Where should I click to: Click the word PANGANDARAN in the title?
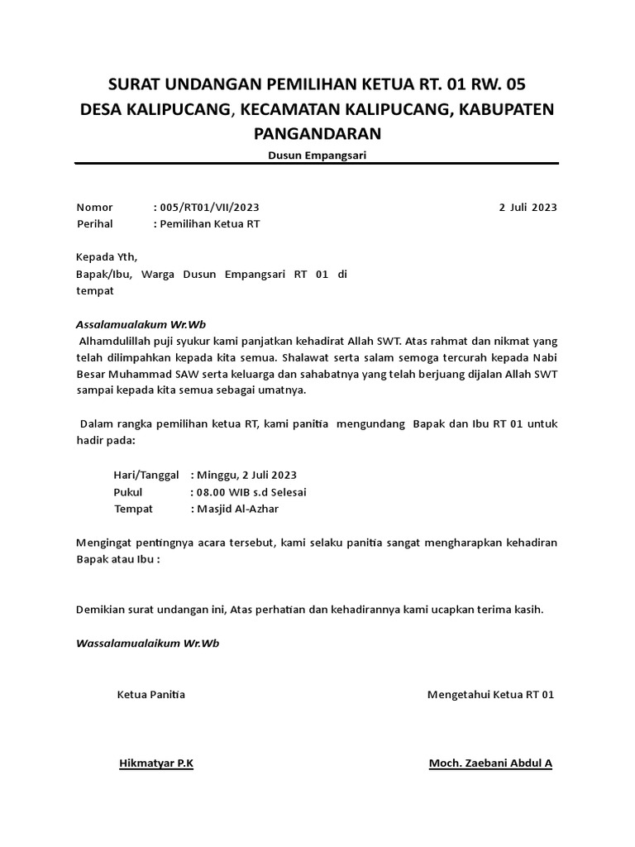tap(317, 133)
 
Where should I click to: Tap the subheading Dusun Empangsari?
tap(317, 155)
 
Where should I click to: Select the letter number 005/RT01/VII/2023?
tap(212, 208)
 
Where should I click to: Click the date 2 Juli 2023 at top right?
tap(528, 208)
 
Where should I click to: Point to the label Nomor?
tap(94, 208)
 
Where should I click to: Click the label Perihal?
tap(94, 224)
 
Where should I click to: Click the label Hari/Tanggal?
tap(146, 475)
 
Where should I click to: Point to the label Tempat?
tap(133, 509)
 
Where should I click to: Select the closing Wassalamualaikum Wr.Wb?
tap(147, 643)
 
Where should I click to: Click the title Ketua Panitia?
tap(151, 695)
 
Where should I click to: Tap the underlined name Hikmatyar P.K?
tap(156, 763)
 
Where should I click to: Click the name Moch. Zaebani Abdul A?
tap(490, 763)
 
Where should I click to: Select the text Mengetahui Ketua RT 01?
tap(490, 695)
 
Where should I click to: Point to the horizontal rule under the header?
tap(317, 164)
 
